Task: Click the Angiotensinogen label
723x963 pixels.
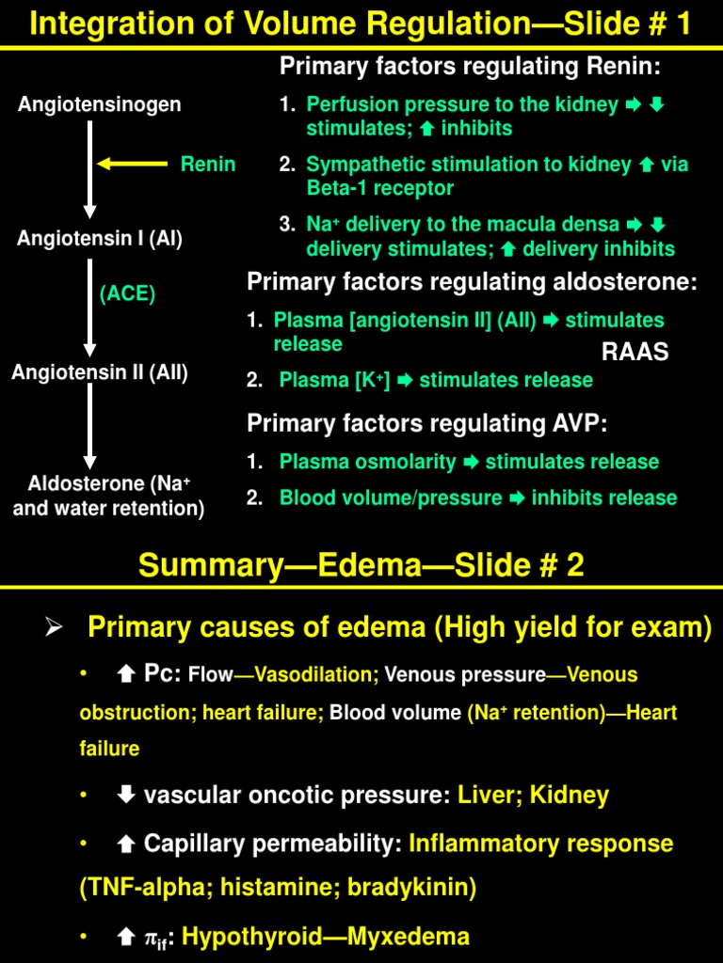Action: click(100, 104)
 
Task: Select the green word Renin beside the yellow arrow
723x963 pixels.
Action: click(208, 165)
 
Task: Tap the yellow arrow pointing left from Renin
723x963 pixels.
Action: click(133, 165)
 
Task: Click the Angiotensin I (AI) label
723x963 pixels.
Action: click(100, 239)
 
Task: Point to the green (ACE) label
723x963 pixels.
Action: click(128, 293)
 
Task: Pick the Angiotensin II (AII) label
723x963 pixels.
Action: click(100, 372)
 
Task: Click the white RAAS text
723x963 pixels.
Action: click(635, 352)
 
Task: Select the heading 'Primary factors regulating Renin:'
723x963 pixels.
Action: click(471, 67)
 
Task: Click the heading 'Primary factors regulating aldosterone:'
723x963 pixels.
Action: click(472, 282)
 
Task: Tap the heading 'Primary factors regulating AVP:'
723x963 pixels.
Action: click(426, 423)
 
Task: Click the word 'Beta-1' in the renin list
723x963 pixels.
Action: click(334, 188)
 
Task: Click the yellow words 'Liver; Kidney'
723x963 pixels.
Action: click(534, 796)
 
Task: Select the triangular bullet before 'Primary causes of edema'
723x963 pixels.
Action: click(54, 628)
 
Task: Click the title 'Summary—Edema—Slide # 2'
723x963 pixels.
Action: click(361, 565)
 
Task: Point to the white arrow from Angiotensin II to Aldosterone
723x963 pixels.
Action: click(90, 425)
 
